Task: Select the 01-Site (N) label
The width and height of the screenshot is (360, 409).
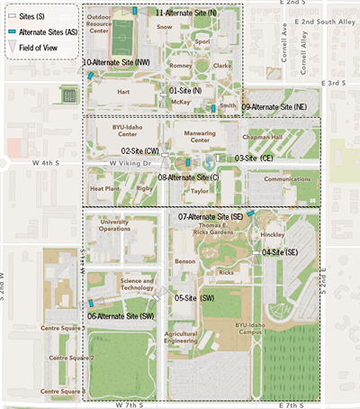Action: [184, 91]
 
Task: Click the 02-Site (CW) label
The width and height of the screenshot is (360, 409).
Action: [139, 150]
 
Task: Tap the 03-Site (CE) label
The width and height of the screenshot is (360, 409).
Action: [253, 158]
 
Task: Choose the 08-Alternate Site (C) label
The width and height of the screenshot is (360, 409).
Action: [188, 178]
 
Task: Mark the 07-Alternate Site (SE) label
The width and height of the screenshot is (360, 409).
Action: [211, 217]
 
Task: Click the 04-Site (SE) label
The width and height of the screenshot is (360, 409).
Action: [279, 253]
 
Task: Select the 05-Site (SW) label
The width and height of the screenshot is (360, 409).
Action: [193, 297]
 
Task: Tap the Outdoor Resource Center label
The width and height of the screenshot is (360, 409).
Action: [101, 23]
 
